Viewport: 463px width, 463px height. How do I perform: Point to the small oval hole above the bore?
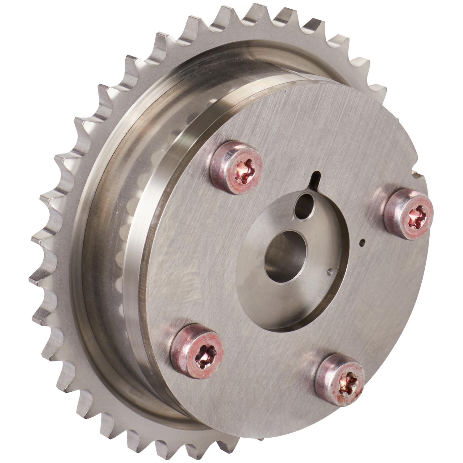pos(304,206)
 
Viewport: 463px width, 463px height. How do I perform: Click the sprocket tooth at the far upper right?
pos(378,90)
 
